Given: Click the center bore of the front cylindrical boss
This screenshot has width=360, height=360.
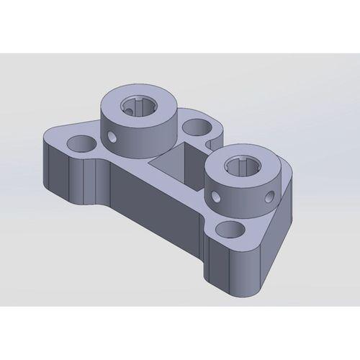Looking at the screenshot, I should pos(240,167).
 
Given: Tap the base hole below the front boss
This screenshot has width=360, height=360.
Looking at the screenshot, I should pos(231,230).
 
